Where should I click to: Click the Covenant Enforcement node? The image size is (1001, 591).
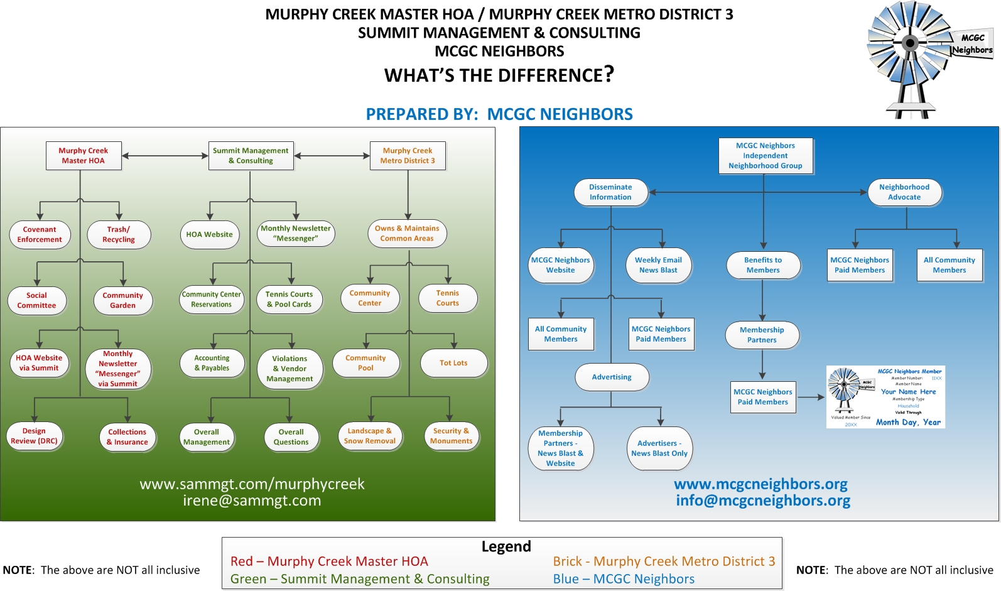tap(40, 235)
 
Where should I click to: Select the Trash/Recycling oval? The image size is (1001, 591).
tap(119, 235)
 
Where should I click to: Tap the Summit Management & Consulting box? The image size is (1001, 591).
tap(251, 156)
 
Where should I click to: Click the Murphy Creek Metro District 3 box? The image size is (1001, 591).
tap(408, 156)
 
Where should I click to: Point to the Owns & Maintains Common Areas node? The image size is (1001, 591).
tap(407, 234)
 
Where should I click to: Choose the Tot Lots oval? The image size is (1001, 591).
tap(453, 363)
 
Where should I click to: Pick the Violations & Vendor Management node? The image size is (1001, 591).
tap(289, 369)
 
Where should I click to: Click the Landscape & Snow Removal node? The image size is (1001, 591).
tap(370, 436)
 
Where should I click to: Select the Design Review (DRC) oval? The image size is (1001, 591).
tap(34, 436)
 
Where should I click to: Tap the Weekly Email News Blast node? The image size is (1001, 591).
tap(658, 265)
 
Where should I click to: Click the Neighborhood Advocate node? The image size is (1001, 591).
tap(904, 192)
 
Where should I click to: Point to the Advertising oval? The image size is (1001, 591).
tap(612, 377)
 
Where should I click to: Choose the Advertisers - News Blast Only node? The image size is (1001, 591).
tap(659, 448)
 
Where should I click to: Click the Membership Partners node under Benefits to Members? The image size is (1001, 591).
tap(762, 335)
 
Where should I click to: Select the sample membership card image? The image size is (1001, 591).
tap(885, 397)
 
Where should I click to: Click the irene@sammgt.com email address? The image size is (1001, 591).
tap(252, 501)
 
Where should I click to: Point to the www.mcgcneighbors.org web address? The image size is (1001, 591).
tap(760, 484)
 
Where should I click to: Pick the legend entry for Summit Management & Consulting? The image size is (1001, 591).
tap(360, 579)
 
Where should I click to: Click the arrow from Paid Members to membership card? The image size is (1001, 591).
tap(811, 397)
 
